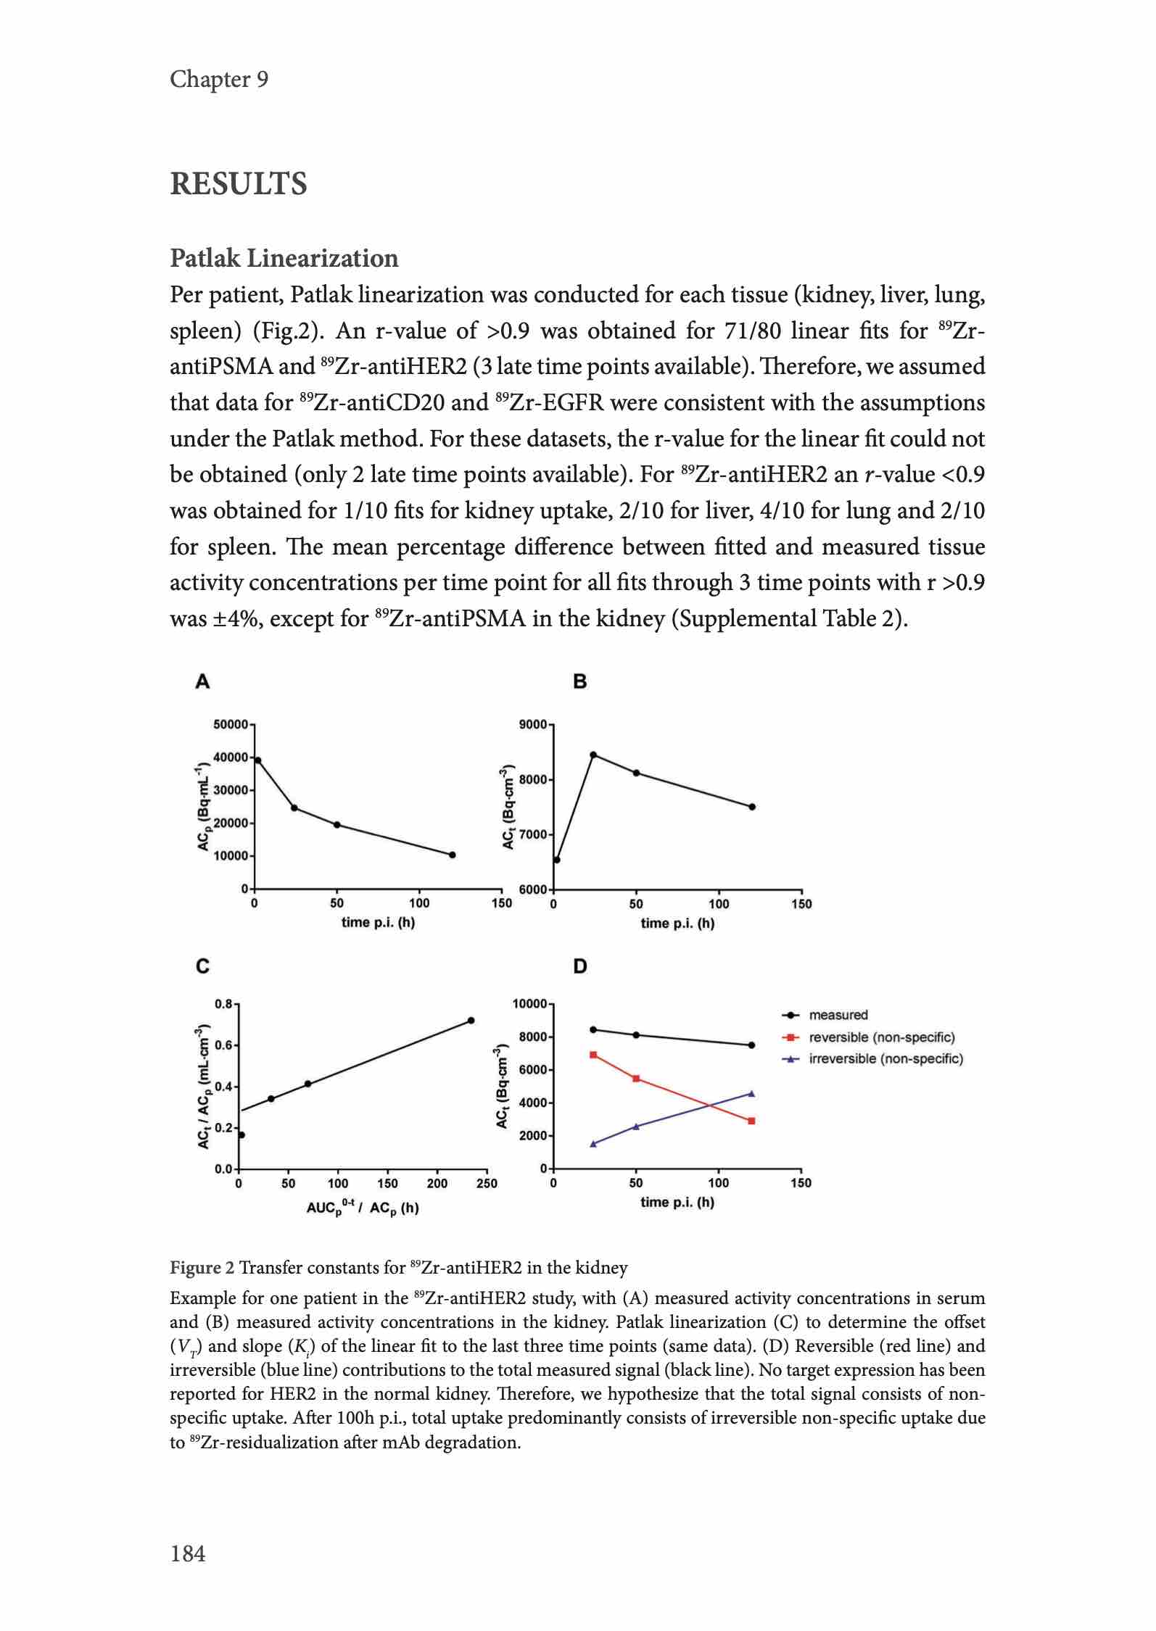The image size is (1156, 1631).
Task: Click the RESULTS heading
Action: point(238,184)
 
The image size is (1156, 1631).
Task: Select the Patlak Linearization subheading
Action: point(284,258)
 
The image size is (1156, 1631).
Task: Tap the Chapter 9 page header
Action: point(219,79)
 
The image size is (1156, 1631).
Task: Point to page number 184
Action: point(188,1553)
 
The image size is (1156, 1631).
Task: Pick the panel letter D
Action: point(579,966)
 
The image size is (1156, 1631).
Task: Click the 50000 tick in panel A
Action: point(231,724)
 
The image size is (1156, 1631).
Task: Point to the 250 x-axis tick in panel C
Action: point(487,1184)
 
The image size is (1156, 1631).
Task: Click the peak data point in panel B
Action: point(593,755)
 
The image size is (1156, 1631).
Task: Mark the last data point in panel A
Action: point(453,855)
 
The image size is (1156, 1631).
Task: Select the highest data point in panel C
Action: point(471,1021)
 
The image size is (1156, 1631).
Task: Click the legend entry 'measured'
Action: point(838,1015)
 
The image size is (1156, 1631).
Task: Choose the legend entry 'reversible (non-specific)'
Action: point(881,1037)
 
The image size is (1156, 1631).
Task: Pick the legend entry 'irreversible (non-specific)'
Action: point(885,1059)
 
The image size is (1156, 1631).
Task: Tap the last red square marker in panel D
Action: point(751,1121)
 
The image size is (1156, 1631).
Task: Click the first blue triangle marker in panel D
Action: point(593,1144)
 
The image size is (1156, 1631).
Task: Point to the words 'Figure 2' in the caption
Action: point(202,1268)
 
